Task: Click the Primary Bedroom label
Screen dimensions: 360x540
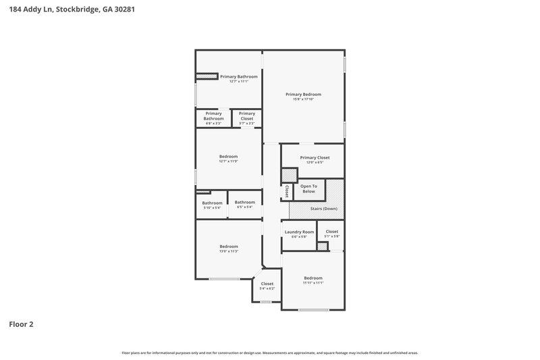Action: [x=303, y=95]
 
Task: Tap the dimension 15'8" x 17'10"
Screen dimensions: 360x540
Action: [x=303, y=99]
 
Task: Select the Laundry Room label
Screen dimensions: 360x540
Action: [x=299, y=232]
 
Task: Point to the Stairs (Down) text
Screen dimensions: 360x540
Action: [x=323, y=209]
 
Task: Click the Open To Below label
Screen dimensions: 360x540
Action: [x=308, y=188]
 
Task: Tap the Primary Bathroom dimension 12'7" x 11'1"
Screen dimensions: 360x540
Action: [x=238, y=82]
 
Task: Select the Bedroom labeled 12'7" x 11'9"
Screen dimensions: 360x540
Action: [x=228, y=159]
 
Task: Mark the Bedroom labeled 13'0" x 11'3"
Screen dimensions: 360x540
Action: [x=228, y=249]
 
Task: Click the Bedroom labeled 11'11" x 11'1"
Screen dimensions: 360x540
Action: [x=313, y=280]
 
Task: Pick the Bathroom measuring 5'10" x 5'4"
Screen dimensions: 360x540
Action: [x=212, y=205]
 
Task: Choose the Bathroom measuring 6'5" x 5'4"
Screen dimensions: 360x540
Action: [x=244, y=204]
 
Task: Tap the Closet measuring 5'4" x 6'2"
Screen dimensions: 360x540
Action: [x=267, y=286]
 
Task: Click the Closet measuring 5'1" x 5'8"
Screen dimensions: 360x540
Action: [x=331, y=234]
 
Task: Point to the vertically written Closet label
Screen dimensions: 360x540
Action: [x=287, y=192]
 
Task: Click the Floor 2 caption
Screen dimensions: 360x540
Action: [x=21, y=324]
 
